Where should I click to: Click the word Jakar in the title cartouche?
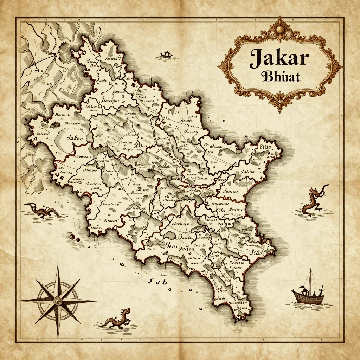pyautogui.click(x=279, y=58)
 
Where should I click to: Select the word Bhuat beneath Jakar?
pyautogui.click(x=281, y=76)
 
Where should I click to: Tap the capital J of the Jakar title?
pyautogui.click(x=256, y=58)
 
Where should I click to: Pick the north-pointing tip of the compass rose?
pyautogui.click(x=58, y=263)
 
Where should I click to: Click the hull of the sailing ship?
pyautogui.click(x=308, y=298)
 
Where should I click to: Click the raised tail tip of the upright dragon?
pyautogui.click(x=328, y=186)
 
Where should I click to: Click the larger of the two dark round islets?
pyautogui.click(x=72, y=238)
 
